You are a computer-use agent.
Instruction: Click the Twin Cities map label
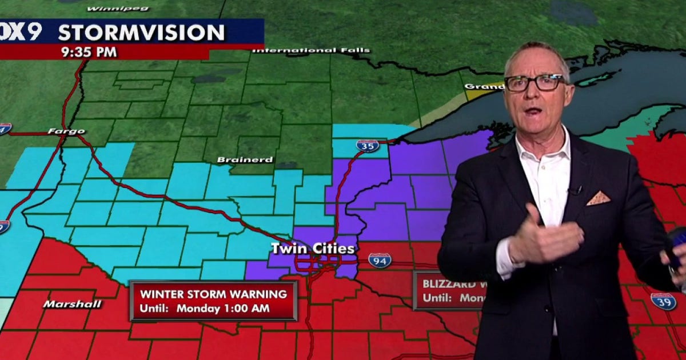[x=313, y=249]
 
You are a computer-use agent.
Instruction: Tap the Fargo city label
[x=66, y=131]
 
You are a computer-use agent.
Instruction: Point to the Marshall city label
[x=72, y=304]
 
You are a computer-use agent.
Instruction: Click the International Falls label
[x=311, y=50]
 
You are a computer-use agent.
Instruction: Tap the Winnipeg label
[x=118, y=9]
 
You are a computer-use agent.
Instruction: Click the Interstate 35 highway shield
[x=367, y=146]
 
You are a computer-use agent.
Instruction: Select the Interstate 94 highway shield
[x=380, y=261]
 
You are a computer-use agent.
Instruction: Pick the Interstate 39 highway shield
[x=663, y=301]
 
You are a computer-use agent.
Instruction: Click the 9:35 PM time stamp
[x=90, y=52]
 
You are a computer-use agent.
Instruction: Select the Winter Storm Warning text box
[x=213, y=301]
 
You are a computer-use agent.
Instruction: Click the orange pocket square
[x=598, y=198]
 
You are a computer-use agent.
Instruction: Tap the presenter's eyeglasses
[x=535, y=83]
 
